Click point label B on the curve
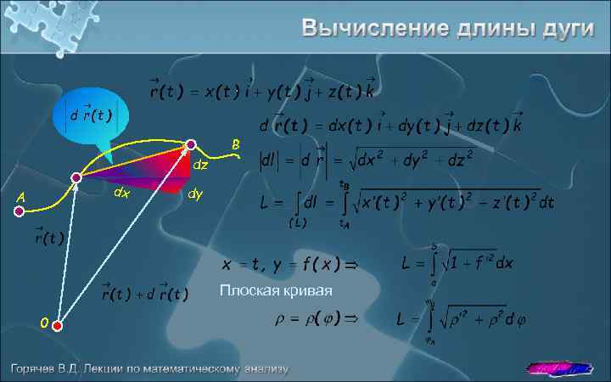[236, 143]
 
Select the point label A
[20, 198]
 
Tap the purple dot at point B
[191, 144]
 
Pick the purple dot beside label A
[19, 213]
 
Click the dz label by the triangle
[201, 164]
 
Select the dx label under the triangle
[122, 194]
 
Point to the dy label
[195, 195]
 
